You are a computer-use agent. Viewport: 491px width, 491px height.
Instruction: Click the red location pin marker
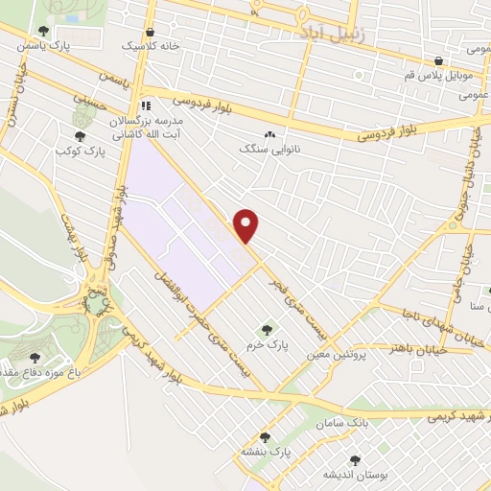pyautogui.click(x=247, y=225)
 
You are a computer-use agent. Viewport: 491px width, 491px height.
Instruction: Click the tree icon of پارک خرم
pyautogui.click(x=267, y=330)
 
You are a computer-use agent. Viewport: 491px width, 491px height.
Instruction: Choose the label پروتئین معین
pyautogui.click(x=338, y=354)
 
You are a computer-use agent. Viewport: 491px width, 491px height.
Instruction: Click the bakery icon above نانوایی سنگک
pyautogui.click(x=269, y=135)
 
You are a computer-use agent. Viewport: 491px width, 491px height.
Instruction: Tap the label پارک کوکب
pyautogui.click(x=79, y=152)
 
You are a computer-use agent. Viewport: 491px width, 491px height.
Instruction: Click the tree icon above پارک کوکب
pyautogui.click(x=79, y=136)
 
